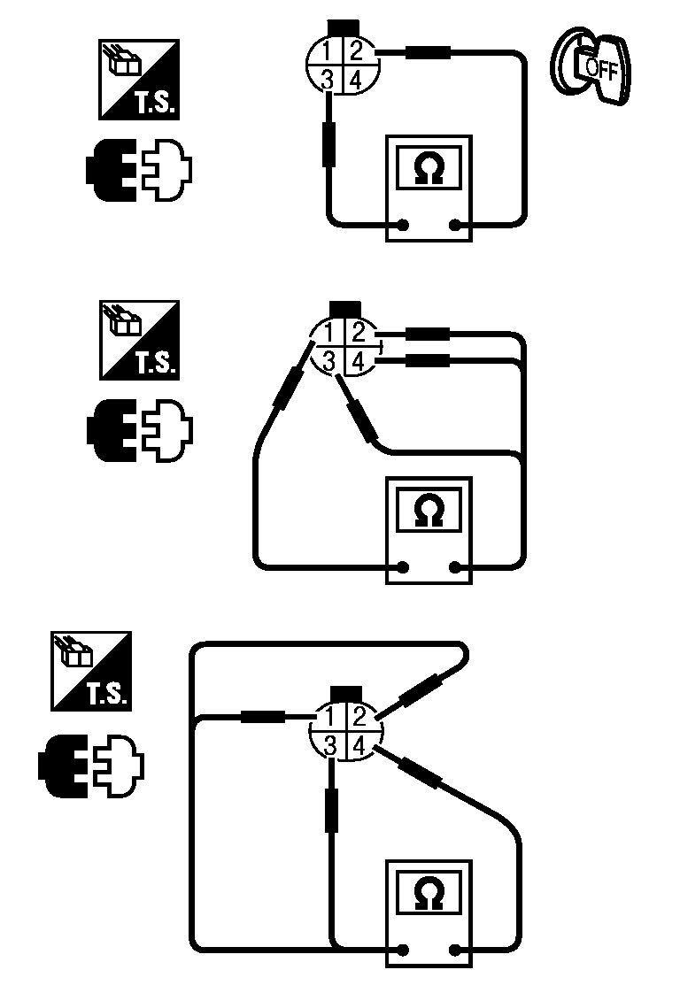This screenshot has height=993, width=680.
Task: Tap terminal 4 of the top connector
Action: [356, 80]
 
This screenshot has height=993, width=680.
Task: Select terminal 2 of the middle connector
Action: [358, 333]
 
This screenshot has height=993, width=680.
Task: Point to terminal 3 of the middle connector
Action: [328, 360]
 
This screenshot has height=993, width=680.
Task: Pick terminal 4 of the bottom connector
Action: [359, 746]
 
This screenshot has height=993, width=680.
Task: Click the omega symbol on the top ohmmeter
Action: [429, 166]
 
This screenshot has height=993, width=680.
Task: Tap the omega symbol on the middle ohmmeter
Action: [429, 510]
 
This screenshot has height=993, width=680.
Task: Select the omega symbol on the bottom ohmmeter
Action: [429, 893]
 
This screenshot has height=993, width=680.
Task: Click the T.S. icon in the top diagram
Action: [138, 79]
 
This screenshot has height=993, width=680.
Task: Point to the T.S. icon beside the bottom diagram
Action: [91, 670]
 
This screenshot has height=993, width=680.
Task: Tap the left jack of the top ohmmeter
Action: [404, 225]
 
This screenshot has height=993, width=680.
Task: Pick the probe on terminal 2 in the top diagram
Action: [428, 53]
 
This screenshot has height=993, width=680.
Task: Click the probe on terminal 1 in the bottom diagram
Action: [262, 717]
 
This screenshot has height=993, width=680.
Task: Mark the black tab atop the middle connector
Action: [344, 308]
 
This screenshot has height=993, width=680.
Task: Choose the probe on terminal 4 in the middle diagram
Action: [428, 360]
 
